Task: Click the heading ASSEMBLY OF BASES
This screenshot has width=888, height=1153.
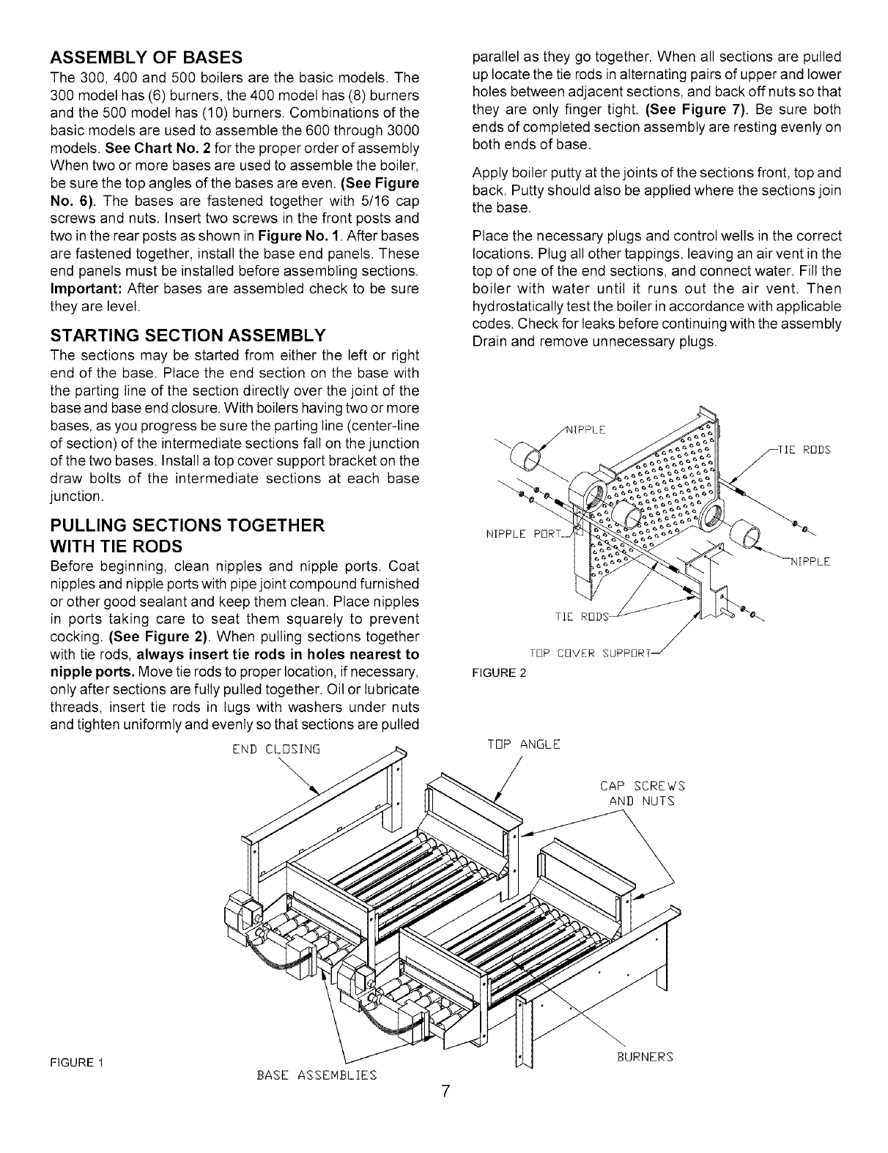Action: coord(147,57)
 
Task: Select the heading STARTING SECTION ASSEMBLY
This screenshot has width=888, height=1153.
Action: coord(187,336)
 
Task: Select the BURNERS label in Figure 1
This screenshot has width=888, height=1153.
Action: coord(644,1057)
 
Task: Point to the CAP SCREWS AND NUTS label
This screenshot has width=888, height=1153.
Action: coord(641,793)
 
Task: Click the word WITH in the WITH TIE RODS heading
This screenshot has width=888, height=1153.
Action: coord(78,546)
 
